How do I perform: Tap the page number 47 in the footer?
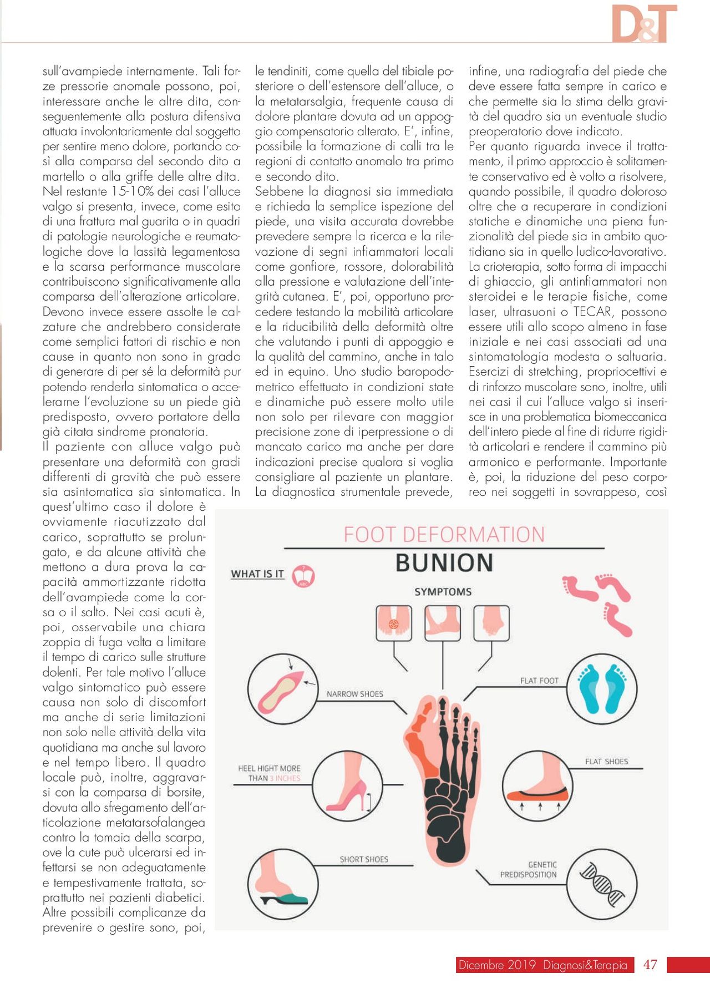coord(650,965)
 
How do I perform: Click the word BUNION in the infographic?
coord(444,562)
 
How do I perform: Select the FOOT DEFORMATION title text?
coord(444,534)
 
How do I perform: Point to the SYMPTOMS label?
coord(443,592)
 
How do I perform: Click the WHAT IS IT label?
coord(257,574)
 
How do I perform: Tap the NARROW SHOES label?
coord(354,694)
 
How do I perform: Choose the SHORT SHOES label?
coord(364,859)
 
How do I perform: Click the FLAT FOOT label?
coord(539,681)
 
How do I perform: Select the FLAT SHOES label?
coord(606,762)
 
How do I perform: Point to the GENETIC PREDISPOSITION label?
coord(529,869)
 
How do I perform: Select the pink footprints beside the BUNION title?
coord(597,602)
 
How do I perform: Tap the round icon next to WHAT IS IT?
coord(303,576)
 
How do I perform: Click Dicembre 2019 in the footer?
coord(496,965)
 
